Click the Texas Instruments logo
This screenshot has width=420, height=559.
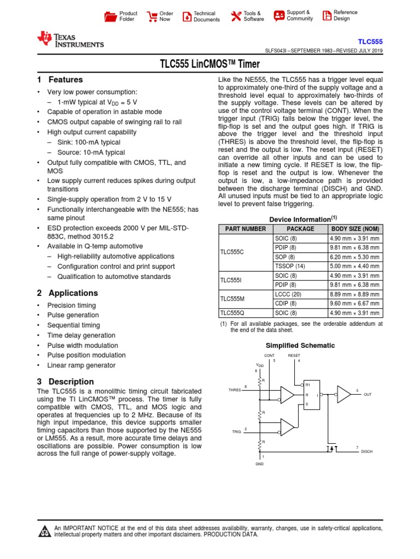click(x=69, y=39)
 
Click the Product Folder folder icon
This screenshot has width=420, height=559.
click(x=110, y=16)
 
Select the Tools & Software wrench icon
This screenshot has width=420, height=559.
click(x=236, y=16)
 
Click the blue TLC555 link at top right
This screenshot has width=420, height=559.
click(x=370, y=41)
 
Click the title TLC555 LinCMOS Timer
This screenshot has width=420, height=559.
click(x=209, y=64)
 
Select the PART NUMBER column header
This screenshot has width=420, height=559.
click(x=246, y=229)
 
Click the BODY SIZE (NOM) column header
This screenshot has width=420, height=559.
click(x=355, y=229)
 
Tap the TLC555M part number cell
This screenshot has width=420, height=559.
click(x=232, y=299)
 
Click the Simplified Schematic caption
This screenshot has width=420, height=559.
click(x=300, y=346)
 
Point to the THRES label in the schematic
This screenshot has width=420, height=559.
click(x=235, y=390)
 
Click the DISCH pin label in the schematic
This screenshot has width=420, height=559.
click(x=366, y=452)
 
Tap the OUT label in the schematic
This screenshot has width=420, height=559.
click(x=367, y=394)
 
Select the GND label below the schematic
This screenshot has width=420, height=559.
click(x=259, y=464)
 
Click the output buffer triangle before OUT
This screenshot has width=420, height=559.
click(x=344, y=394)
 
